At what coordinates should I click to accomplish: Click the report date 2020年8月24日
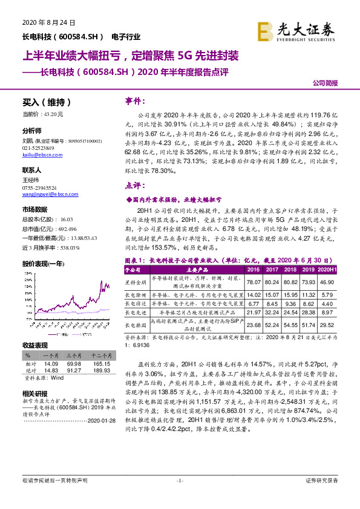coord(48,22)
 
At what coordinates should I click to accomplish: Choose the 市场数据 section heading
coord(35,209)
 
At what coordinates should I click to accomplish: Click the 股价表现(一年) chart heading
coord(43,247)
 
